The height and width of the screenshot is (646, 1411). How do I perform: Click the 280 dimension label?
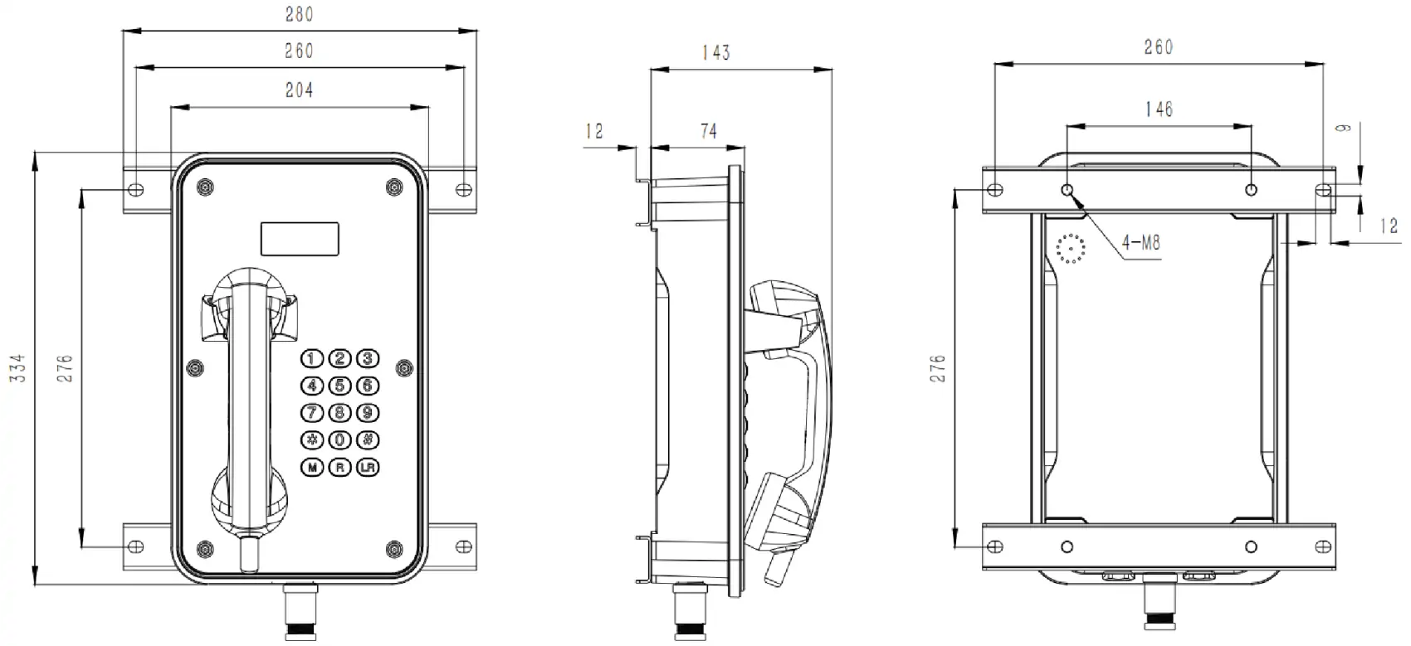(x=299, y=14)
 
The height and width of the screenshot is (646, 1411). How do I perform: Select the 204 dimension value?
(x=299, y=90)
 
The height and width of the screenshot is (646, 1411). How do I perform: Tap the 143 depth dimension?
(x=715, y=53)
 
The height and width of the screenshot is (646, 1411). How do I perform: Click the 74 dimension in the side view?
(x=708, y=131)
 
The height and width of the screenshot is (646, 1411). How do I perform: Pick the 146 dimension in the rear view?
(x=1159, y=109)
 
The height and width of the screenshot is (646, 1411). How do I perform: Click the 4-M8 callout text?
(x=1140, y=243)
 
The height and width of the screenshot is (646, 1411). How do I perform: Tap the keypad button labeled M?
(x=312, y=468)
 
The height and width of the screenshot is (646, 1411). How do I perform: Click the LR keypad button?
(x=368, y=468)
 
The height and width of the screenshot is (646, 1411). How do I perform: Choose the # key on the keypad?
(x=368, y=440)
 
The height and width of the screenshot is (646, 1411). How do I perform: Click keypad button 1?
(x=312, y=359)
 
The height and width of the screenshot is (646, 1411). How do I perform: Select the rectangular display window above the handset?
(x=300, y=239)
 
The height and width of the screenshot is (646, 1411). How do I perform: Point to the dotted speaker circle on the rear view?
(x=1071, y=249)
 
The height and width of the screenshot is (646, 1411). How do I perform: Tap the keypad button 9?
(x=368, y=413)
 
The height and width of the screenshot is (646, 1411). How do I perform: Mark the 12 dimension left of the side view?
(x=594, y=131)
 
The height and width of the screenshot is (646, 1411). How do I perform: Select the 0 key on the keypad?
(x=339, y=440)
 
